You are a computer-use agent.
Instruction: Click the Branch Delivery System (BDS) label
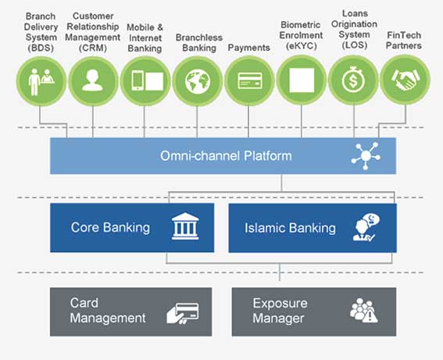41,32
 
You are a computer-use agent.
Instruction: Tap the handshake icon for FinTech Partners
405,80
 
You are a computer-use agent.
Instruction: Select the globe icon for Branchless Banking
198,81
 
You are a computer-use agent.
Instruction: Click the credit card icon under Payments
250,80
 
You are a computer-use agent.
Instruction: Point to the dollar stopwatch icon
353,80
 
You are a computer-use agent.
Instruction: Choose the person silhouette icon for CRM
92,80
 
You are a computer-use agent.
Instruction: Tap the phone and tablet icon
148,81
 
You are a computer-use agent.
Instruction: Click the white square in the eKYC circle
302,80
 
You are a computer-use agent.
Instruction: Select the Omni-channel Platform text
226,156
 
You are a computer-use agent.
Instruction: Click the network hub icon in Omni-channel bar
366,156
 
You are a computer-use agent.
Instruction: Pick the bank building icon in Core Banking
185,226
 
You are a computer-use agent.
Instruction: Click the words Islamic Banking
290,228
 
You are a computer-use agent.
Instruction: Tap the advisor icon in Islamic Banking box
366,227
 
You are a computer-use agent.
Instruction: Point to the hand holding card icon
183,313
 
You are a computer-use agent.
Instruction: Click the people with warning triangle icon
364,310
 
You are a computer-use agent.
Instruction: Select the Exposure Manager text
280,311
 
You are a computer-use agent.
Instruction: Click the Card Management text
108,310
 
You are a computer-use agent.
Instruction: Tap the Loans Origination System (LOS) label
354,30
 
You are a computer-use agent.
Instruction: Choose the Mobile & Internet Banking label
145,37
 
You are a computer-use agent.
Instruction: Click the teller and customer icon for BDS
41,81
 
